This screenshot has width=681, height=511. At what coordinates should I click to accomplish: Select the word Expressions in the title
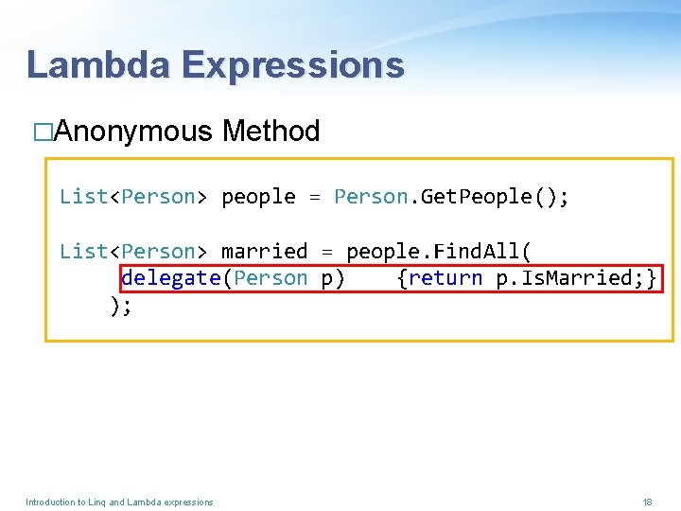293,65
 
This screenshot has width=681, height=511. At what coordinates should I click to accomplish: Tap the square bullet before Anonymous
42,132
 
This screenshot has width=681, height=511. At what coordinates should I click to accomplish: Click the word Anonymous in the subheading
132,132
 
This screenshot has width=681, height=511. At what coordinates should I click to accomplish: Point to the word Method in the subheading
271,132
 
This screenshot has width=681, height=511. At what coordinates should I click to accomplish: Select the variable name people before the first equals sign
258,197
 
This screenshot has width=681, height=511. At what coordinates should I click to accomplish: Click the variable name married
264,252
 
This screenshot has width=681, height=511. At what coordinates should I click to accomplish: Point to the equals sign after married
327,252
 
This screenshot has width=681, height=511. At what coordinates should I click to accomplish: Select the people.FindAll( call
439,252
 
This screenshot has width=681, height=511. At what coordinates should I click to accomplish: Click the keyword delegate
171,278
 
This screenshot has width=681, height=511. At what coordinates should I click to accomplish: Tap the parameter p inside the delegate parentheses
327,278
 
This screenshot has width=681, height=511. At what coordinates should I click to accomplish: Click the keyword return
445,278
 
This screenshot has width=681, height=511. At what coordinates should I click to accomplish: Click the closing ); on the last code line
119,305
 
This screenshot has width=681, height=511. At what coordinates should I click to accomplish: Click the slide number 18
647,502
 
